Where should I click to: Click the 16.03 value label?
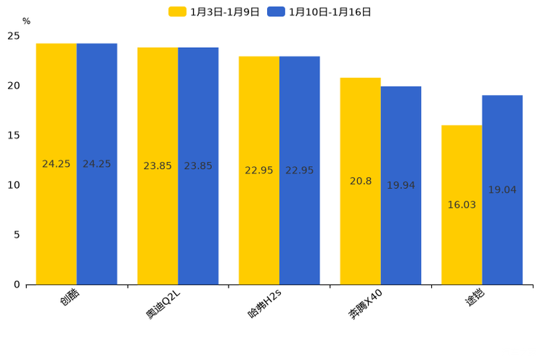(462, 205)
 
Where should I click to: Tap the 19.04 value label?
(502, 190)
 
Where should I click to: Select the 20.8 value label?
(361, 181)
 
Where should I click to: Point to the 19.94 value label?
(401, 186)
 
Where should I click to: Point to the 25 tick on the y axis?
(14, 36)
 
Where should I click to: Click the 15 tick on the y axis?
(14, 136)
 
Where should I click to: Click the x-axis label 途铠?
(475, 298)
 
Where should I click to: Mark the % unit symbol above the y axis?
(26, 21)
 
